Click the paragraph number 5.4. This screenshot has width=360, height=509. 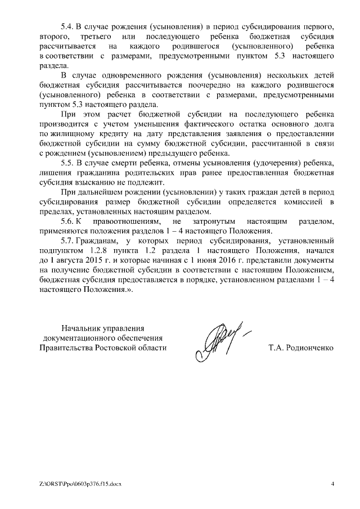click(67, 28)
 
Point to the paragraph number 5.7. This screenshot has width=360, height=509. click(67, 240)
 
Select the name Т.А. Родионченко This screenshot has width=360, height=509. click(301, 348)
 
